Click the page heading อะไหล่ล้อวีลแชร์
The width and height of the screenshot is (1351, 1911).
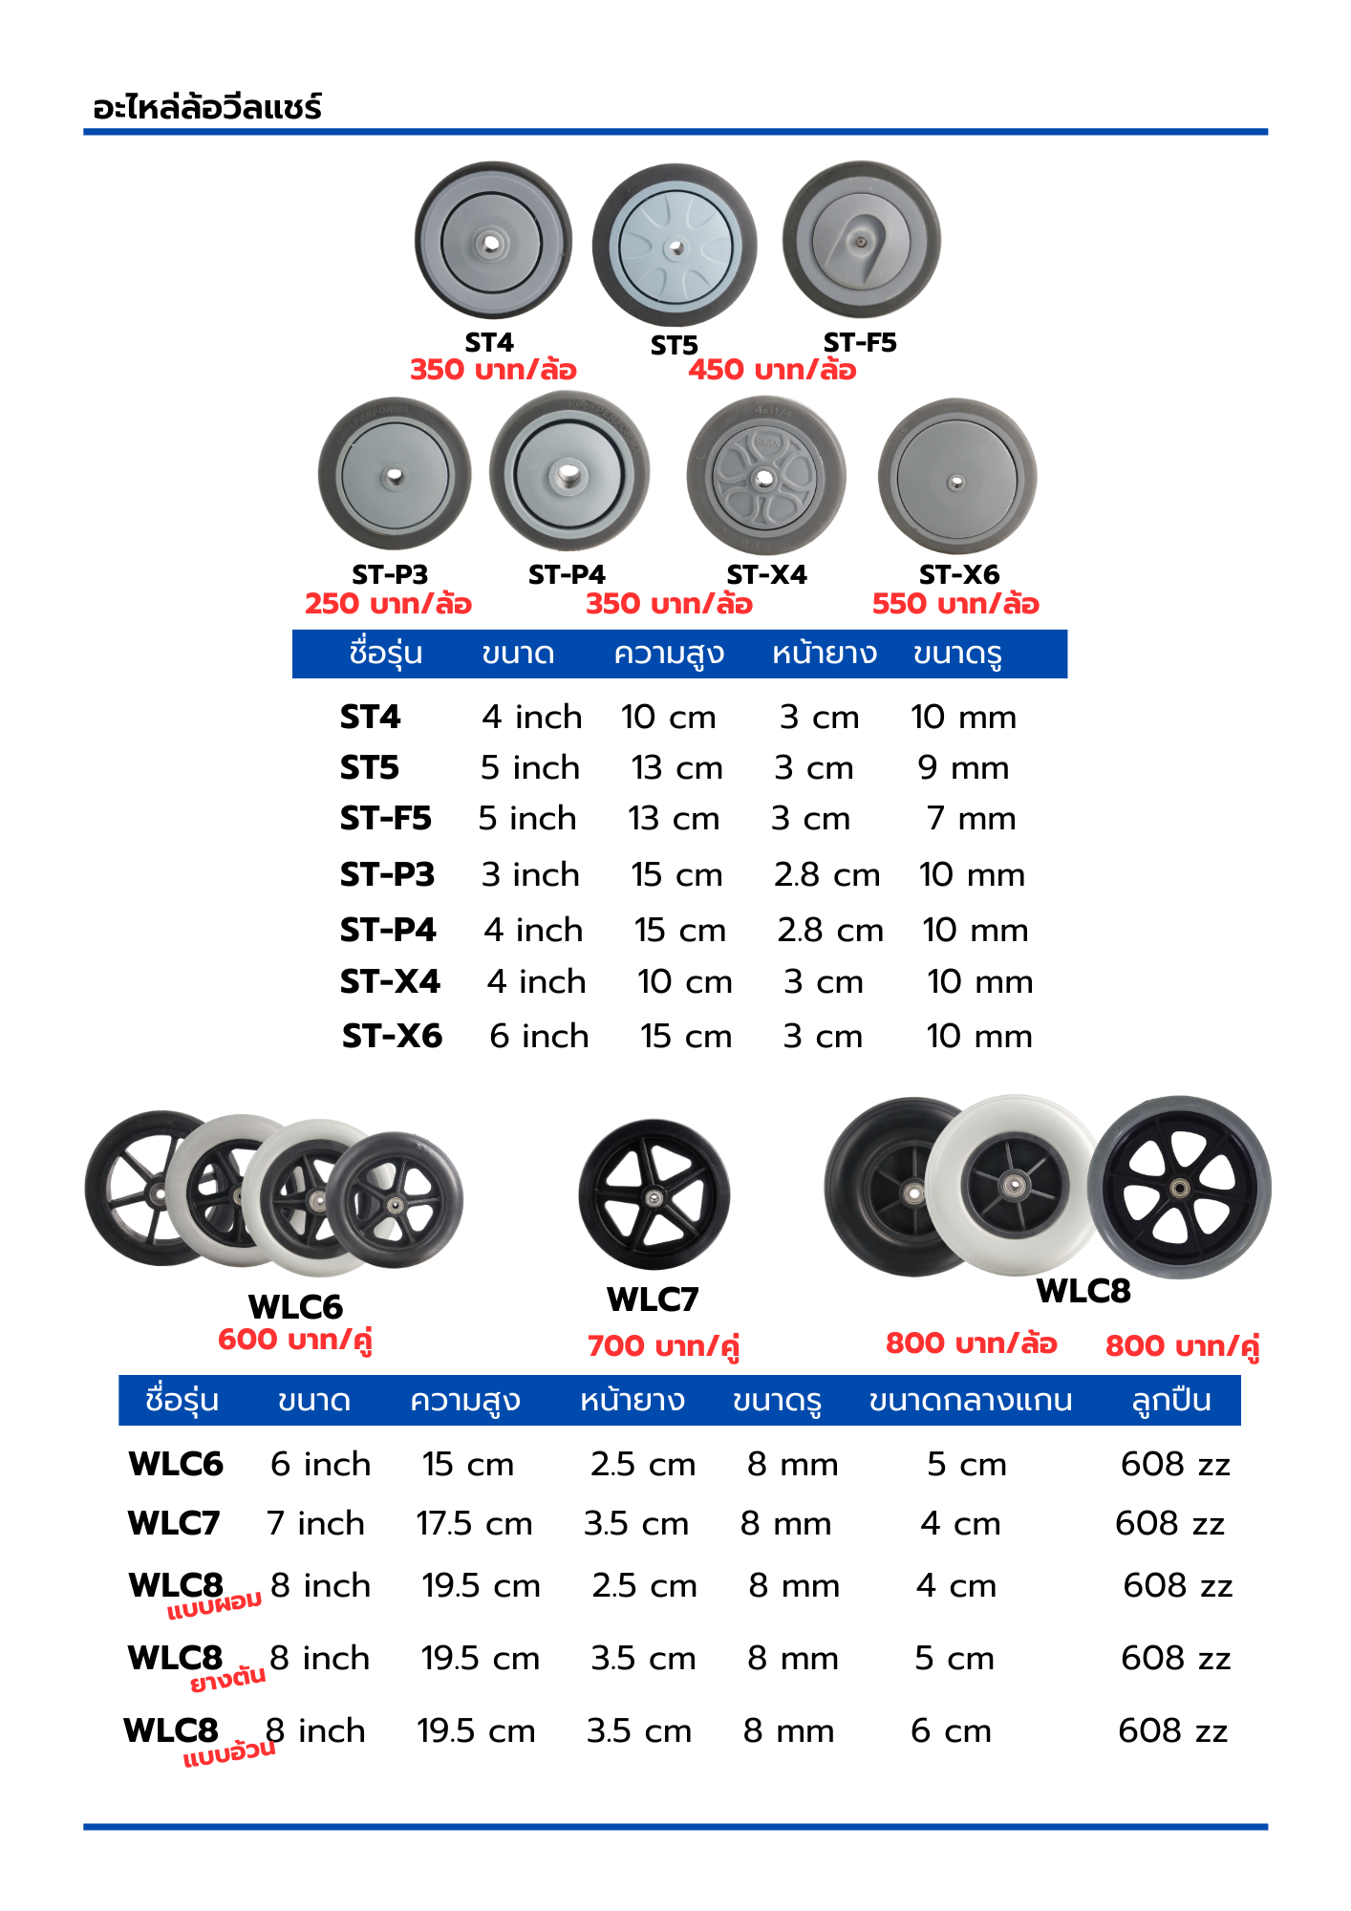[207, 106]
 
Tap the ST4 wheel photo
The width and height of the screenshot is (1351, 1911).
[493, 240]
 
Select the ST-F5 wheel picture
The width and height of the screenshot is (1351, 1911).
[862, 240]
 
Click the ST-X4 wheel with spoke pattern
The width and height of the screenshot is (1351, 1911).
[766, 476]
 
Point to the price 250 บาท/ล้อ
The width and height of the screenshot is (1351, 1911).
[388, 604]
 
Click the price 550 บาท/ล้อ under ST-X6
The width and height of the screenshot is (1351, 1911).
[955, 604]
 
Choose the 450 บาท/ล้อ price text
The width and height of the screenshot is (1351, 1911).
[772, 370]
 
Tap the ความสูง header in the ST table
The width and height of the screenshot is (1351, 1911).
[669, 654]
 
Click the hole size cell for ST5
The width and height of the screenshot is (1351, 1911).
[963, 767]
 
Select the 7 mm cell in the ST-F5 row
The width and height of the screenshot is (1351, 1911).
[971, 818]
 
